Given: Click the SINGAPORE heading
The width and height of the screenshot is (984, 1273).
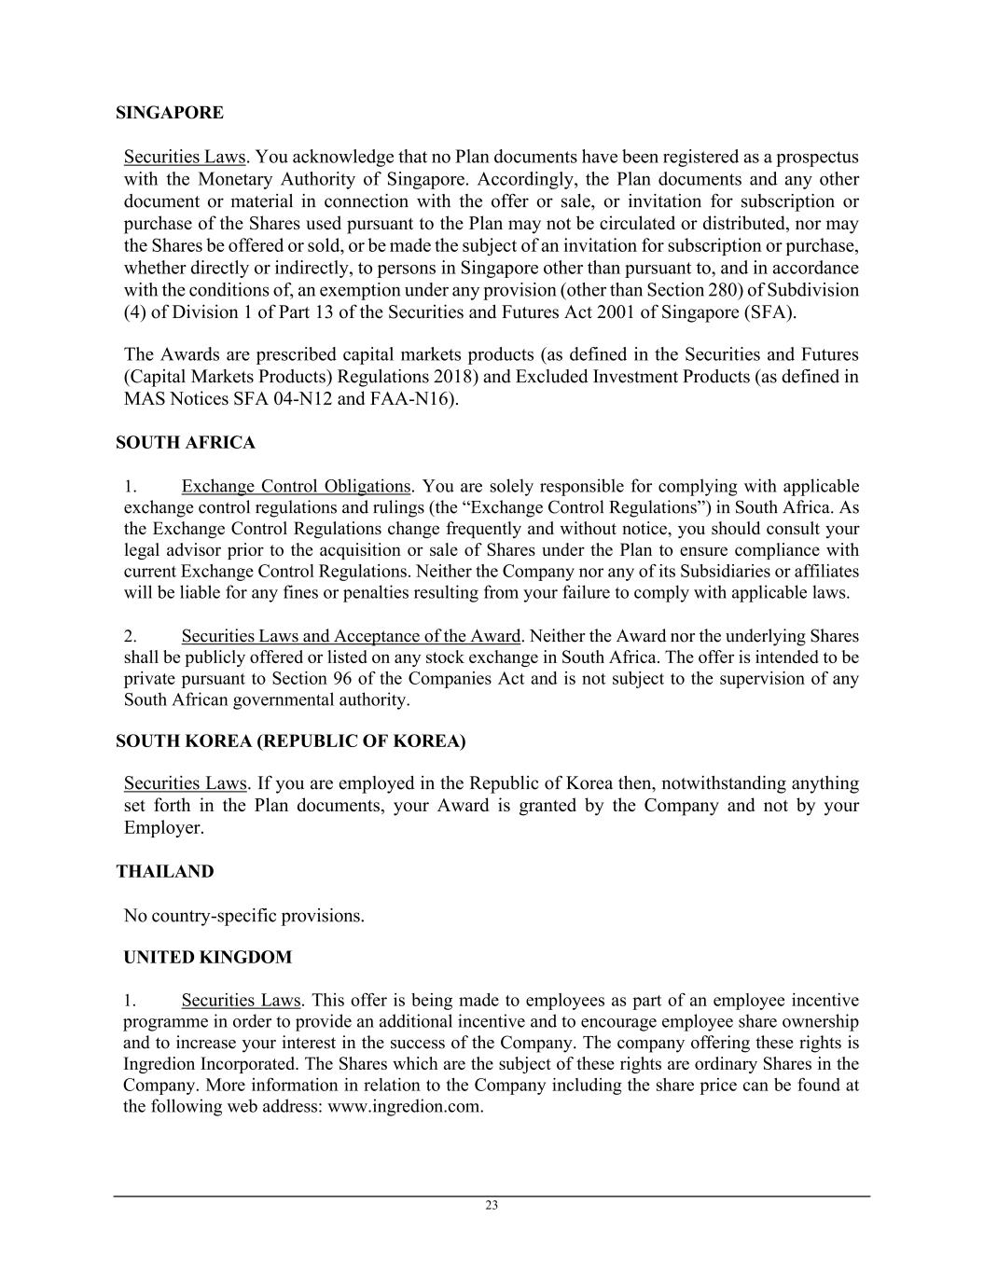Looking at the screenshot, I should pos(170,113).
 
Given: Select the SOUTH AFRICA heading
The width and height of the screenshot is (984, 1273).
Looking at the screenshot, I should pos(185,442).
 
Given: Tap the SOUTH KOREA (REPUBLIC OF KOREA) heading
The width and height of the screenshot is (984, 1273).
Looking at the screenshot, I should pos(290,741).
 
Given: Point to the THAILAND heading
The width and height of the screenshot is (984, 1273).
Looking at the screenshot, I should pos(165,872).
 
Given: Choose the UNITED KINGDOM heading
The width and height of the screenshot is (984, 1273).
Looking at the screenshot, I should pos(207,958).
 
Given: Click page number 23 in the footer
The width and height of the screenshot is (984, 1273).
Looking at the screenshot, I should pos(492,1205).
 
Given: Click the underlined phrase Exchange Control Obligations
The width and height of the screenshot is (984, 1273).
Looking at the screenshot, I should pos(296,486).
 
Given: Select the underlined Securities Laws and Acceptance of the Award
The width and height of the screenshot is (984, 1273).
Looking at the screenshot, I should pos(351,636).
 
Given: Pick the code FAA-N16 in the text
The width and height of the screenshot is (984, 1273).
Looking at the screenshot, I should pos(421,399).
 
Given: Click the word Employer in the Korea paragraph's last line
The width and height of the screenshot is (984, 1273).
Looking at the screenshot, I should pos(163,827).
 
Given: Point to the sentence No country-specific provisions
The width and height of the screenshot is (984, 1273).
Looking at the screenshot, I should pos(243,916).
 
